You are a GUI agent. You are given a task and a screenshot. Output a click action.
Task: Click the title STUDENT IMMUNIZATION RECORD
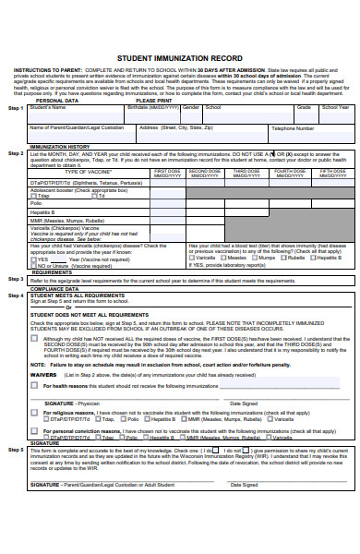[180, 56]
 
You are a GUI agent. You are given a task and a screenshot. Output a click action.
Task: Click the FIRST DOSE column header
[167, 173]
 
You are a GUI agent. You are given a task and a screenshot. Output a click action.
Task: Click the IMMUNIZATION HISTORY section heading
[60, 147]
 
